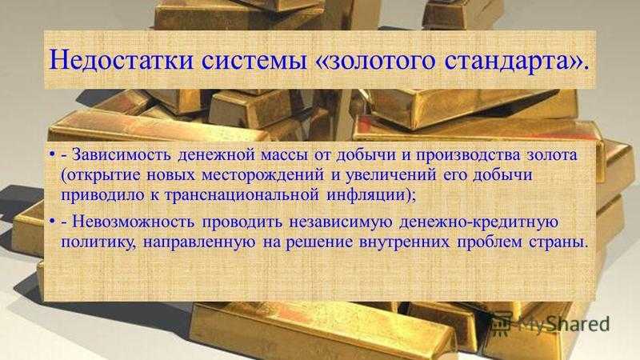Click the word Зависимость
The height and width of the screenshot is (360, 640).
tap(122, 155)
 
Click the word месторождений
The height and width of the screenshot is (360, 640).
tap(264, 176)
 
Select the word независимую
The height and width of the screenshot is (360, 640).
tap(341, 223)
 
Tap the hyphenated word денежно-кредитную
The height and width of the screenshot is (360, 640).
tap(478, 223)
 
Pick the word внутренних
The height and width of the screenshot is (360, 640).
tap(405, 242)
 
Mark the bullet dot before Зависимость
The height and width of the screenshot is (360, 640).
tap(52, 155)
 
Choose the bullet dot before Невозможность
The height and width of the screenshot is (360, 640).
tap(52, 222)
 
